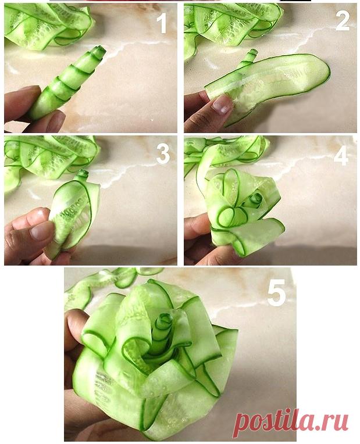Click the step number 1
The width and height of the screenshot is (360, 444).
162,23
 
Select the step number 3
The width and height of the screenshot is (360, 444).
163,153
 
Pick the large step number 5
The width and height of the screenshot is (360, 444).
276,295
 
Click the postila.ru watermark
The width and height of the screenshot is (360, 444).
291,421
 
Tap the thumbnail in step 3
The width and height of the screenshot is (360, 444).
42,230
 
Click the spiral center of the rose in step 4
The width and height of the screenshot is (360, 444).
257,198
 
